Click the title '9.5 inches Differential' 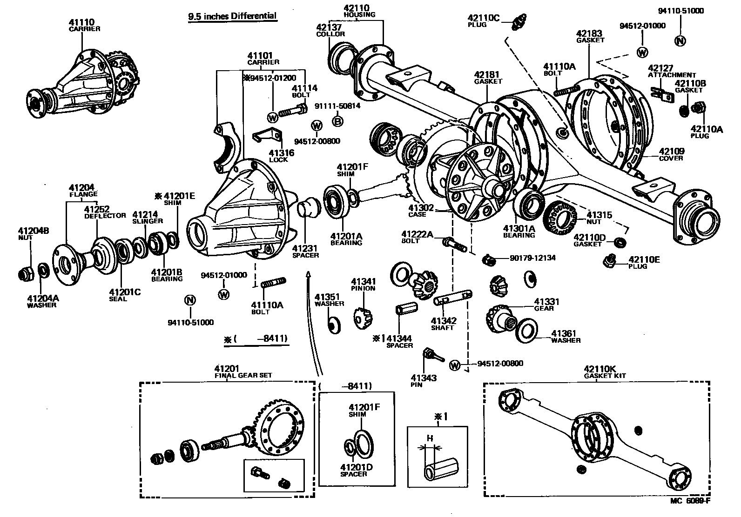232,16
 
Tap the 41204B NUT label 34,233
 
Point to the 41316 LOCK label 278,156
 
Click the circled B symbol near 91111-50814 338,121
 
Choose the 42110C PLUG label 483,21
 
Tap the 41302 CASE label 421,211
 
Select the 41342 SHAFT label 443,324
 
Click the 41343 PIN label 424,381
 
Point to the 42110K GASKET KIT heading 605,372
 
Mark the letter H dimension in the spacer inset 430,438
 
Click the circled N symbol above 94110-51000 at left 189,300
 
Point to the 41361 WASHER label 565,337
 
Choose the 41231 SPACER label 305,252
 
